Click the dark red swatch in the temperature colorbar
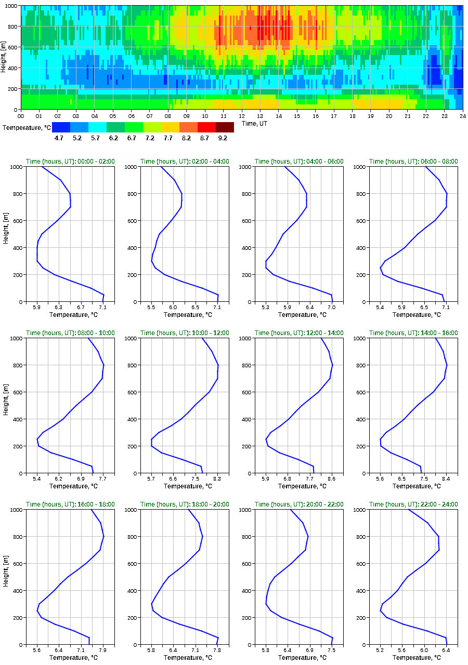click(225, 127)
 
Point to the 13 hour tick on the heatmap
click(260, 116)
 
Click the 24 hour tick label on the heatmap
click(462, 116)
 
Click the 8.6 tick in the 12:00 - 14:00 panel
click(331, 479)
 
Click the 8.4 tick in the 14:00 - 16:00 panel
click(446, 479)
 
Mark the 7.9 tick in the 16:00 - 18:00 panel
click(102, 650)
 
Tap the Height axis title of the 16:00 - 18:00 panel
click(5, 577)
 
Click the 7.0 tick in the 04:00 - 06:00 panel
click(331, 308)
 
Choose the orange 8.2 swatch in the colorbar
click(188, 127)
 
